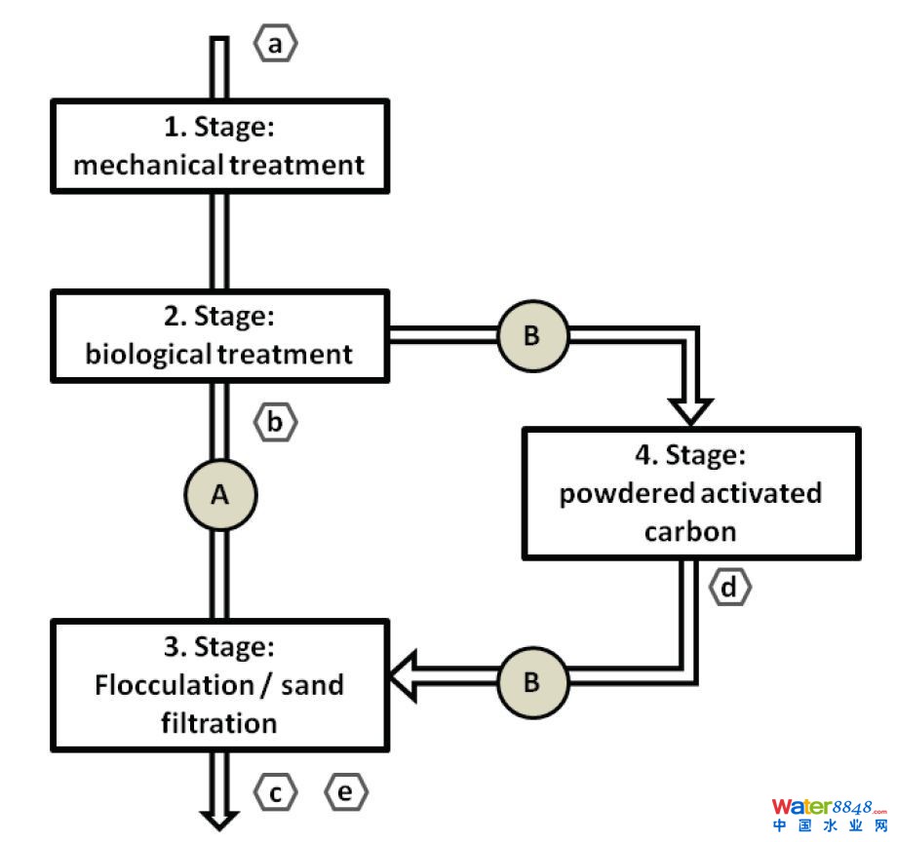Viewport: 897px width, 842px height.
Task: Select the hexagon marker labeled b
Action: (x=275, y=422)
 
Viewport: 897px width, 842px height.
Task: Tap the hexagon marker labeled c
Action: (x=275, y=793)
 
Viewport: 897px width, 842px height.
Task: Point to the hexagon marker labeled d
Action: (x=730, y=588)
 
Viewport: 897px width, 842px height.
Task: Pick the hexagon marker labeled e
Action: (x=346, y=793)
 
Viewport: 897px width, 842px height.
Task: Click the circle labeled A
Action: (x=220, y=495)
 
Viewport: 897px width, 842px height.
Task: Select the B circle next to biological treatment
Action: (x=531, y=335)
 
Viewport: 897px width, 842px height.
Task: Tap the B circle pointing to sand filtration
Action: (x=531, y=680)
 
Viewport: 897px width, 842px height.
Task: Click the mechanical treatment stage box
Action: (x=219, y=145)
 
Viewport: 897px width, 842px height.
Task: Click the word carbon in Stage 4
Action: (x=689, y=532)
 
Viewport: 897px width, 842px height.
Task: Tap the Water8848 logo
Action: (x=830, y=814)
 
